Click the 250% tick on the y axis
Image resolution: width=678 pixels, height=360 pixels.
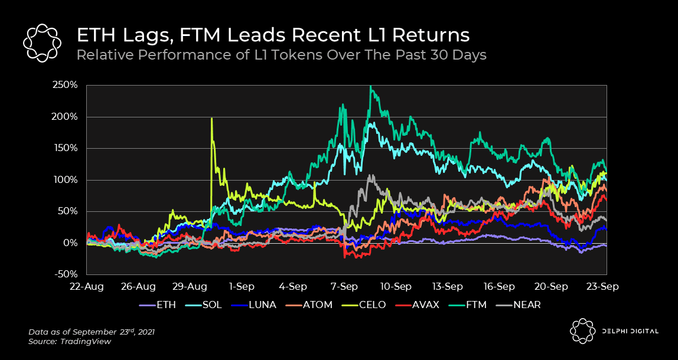[66, 85]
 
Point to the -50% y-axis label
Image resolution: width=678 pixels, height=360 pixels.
[66, 274]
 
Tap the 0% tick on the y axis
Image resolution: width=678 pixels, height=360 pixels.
[71, 243]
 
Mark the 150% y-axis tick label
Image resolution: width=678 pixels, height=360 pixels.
[66, 148]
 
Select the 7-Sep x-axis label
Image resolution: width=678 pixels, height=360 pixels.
[344, 286]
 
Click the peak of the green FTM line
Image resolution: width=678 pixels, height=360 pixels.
[370, 87]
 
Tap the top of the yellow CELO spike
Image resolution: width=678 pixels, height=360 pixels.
[211, 119]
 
